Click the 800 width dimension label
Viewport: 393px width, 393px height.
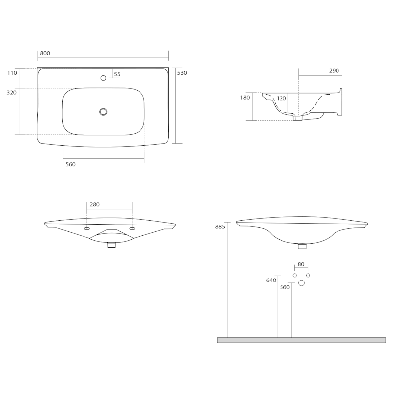point(45,53)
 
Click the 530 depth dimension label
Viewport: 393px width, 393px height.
point(182,73)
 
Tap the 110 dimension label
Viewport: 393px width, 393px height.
point(12,73)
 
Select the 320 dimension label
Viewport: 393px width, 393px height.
point(11,93)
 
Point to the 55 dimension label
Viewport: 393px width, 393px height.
point(117,74)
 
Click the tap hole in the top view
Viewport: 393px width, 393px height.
point(103,78)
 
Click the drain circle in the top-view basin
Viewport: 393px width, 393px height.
point(103,112)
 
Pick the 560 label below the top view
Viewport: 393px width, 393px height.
point(70,164)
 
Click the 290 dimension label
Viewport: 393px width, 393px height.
point(334,71)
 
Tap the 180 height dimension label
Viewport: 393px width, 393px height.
point(245,98)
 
